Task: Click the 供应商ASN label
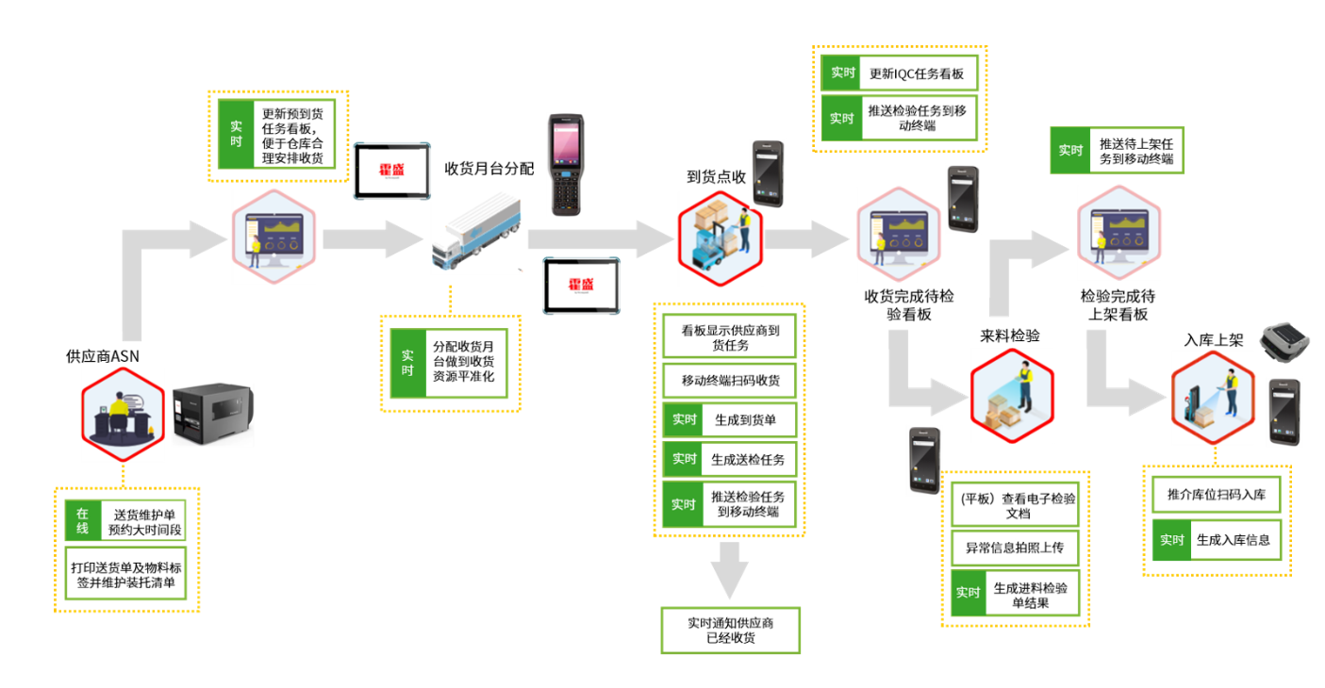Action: (x=103, y=356)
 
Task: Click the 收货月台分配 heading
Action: (x=489, y=169)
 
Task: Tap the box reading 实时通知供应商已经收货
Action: (x=730, y=631)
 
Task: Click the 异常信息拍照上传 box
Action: (x=1015, y=548)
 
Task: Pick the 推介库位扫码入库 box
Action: (x=1217, y=495)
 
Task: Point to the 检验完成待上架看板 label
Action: (x=1119, y=303)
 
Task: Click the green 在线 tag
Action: (x=83, y=521)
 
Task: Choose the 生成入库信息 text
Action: (x=1233, y=540)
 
